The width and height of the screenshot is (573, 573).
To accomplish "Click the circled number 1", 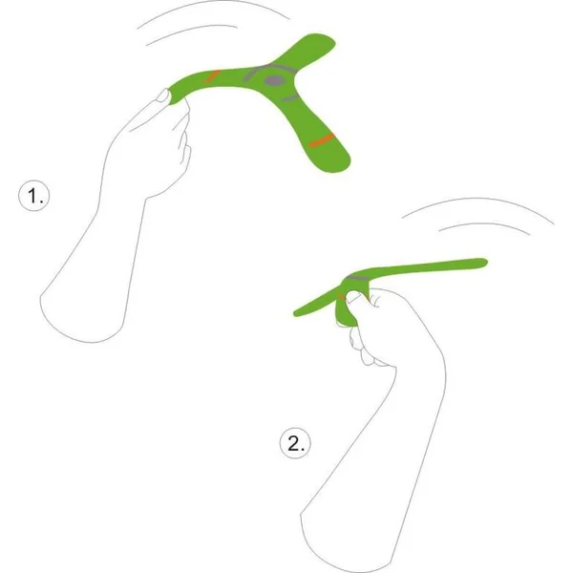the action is click(33, 196).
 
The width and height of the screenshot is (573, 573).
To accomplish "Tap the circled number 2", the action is click(295, 443).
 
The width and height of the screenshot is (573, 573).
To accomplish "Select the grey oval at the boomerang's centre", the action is click(274, 80).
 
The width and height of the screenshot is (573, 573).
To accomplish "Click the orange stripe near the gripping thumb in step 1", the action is click(212, 76).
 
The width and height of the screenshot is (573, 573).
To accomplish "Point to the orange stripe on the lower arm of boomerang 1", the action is click(322, 140).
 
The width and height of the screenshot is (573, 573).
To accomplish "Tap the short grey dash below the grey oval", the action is click(289, 98).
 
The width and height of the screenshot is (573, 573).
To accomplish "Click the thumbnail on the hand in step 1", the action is click(163, 95).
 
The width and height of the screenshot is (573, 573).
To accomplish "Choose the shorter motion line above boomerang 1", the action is click(191, 32).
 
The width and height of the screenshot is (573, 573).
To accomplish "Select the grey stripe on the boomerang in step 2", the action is click(358, 278).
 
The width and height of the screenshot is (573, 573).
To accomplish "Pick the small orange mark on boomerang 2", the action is click(341, 297).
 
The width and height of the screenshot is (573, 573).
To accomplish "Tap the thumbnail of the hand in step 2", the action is click(354, 297).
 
